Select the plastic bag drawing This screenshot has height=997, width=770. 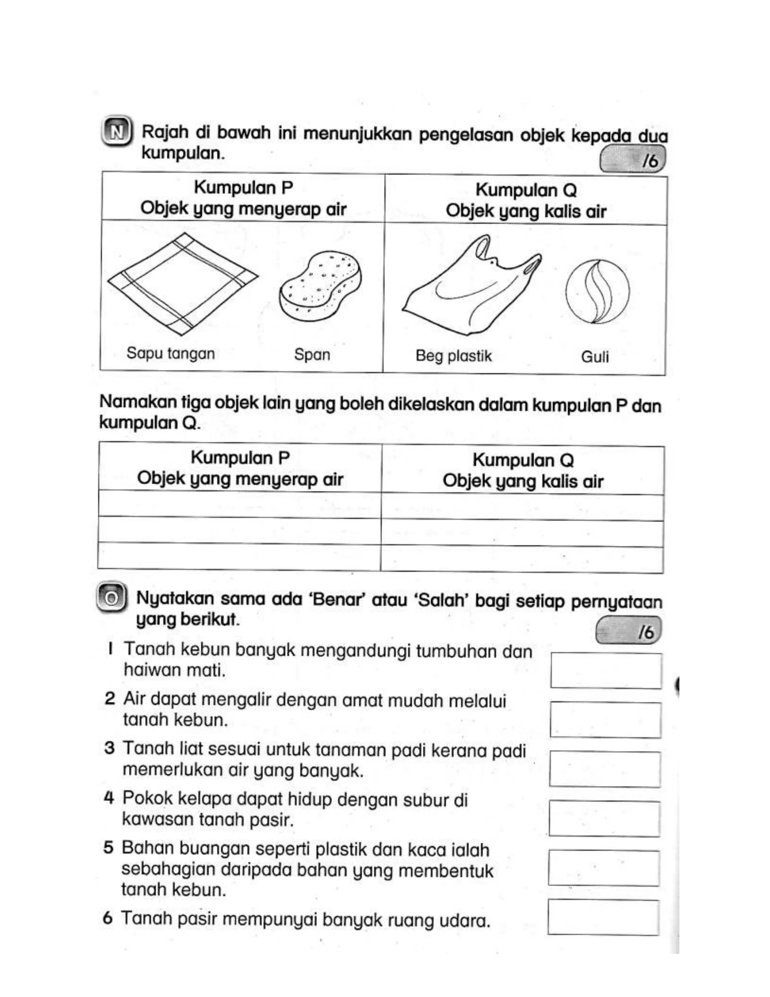[472, 285]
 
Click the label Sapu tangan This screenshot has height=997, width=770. [171, 353]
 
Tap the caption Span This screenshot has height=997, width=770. [312, 355]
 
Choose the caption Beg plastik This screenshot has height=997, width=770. [453, 356]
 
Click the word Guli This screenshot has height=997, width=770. [595, 357]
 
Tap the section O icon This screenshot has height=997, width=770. [111, 597]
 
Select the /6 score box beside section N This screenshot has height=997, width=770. [633, 160]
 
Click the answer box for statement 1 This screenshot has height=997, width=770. [606, 670]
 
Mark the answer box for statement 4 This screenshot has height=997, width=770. [605, 819]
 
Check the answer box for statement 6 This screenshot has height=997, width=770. [603, 917]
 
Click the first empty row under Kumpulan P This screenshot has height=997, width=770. [239, 505]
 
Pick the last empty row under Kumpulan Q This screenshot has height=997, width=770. [522, 559]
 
